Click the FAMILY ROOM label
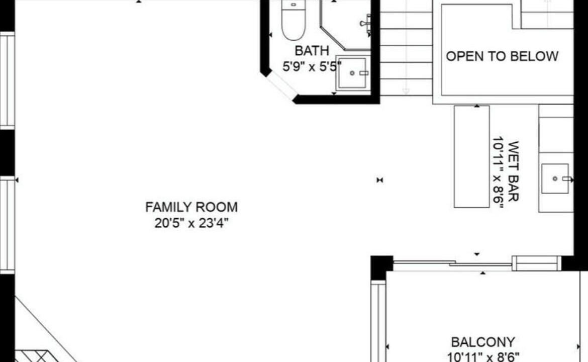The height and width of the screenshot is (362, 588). pos(191,207)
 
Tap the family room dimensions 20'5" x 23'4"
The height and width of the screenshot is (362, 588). pos(191,223)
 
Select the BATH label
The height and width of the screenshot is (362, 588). pos(312,51)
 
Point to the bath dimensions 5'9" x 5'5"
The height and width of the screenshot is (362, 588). pos(312,67)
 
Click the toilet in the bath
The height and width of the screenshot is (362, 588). pos(293,19)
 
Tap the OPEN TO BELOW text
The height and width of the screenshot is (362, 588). pos(502,56)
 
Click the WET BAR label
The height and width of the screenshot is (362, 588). pos(513,171)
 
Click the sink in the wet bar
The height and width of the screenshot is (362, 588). pos(555,178)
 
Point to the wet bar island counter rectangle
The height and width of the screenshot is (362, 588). pos(472,156)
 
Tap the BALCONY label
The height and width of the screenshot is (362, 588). pos(482,342)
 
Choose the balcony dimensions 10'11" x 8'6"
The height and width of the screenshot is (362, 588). pos(483,357)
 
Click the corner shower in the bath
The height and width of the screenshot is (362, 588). pos(345,25)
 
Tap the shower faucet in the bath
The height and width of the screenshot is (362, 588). pos(366,23)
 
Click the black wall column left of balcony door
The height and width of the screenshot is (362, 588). pos(382,267)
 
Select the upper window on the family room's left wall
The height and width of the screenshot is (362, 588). pos(7,80)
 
